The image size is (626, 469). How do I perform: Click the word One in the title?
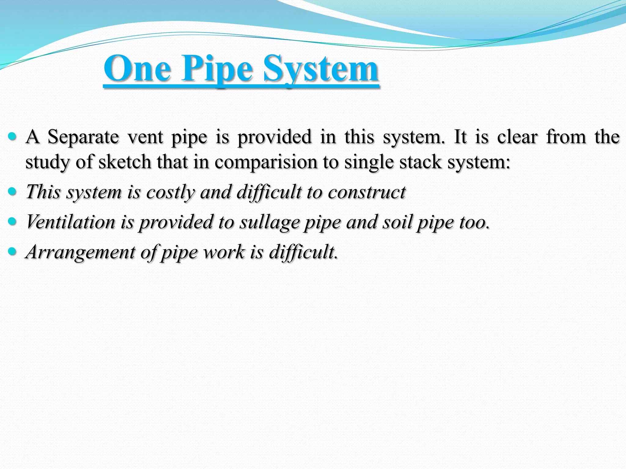pyautogui.click(x=137, y=68)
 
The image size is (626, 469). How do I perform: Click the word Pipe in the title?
pyautogui.click(x=217, y=69)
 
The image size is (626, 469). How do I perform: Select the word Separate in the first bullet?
pyautogui.click(x=83, y=137)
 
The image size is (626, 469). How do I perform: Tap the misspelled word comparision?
pyautogui.click(x=266, y=162)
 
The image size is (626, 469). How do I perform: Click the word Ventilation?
pyautogui.click(x=71, y=222)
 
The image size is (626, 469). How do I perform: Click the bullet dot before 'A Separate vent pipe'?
pyautogui.click(x=12, y=136)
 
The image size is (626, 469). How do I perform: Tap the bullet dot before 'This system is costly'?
pyautogui.click(x=12, y=191)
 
